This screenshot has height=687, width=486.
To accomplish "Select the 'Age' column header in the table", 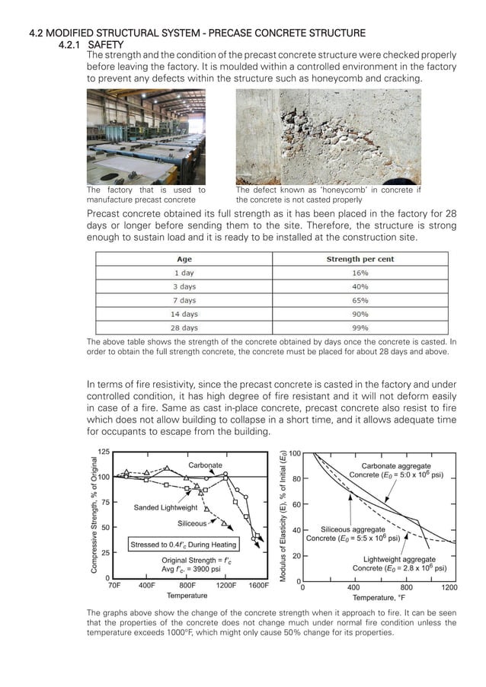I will [x=184, y=259].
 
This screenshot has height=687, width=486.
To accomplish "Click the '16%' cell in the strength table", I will [x=360, y=273].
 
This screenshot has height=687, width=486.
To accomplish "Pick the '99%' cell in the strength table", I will [x=360, y=328].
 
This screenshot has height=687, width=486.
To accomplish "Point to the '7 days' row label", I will [x=184, y=300].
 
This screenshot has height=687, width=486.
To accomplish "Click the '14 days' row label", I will [x=184, y=314].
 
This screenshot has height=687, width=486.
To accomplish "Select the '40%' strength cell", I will [x=360, y=286].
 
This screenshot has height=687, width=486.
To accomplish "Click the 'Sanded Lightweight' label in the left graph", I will [x=165, y=507].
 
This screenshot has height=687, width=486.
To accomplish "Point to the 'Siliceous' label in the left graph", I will [x=192, y=523].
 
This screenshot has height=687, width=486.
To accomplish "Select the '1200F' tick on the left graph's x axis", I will [x=226, y=586].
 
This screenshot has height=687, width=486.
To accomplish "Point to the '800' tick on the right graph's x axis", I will [x=406, y=587].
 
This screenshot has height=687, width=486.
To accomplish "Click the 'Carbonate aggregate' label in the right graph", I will [x=395, y=465].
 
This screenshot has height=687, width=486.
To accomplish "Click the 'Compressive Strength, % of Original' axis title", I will [x=94, y=516].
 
